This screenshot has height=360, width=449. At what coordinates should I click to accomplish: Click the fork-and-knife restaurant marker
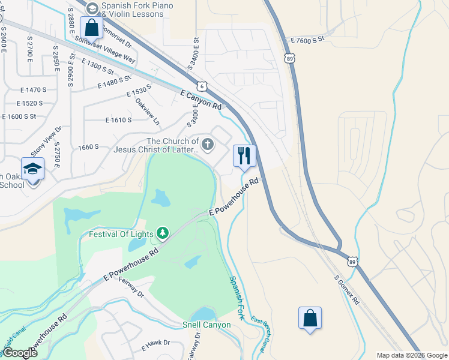tap(244, 156)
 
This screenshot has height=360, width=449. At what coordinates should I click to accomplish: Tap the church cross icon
tap(208, 143)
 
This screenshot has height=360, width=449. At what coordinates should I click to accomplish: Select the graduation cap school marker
tap(32, 170)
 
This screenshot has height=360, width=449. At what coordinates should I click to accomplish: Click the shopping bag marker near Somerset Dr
tap(91, 28)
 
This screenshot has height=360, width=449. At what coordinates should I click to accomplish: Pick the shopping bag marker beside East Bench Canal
tap(310, 318)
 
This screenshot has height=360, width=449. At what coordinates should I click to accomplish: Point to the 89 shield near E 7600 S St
tap(290, 59)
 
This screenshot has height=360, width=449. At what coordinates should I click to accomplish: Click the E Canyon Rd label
tap(200, 98)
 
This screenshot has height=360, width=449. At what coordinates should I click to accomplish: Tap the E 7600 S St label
tap(307, 39)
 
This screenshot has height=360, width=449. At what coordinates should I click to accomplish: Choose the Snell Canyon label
tap(206, 325)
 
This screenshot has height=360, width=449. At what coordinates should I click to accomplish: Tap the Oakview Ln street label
tap(148, 112)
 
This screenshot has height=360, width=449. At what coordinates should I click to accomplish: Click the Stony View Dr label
tap(47, 142)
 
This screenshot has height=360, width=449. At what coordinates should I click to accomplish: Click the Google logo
tap(20, 353)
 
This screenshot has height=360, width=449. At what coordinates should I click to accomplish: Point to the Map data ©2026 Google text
tap(412, 355)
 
